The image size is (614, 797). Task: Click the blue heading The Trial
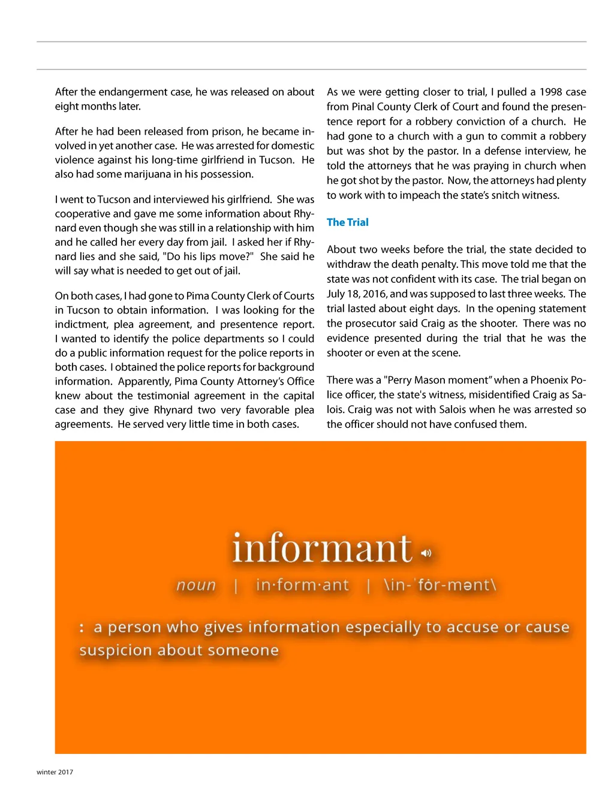(347, 222)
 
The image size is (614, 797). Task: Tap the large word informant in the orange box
(322, 548)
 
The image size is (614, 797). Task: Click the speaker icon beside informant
(426, 553)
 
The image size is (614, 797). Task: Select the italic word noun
(196, 585)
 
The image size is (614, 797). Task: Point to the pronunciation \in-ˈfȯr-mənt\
(440, 585)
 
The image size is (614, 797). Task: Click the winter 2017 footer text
(55, 772)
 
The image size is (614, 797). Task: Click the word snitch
(506, 195)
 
